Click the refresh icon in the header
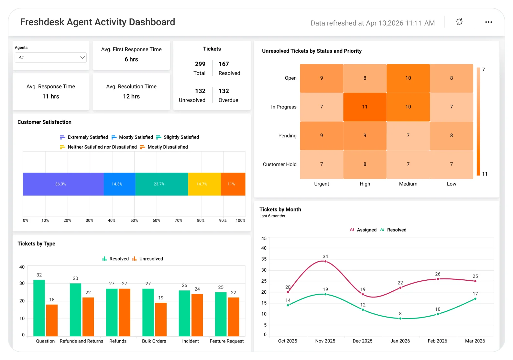point(459,22)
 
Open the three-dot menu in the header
point(488,22)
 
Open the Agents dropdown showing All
point(50,57)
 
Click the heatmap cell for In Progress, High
point(365,107)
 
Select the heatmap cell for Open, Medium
point(408,78)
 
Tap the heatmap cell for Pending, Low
point(451,136)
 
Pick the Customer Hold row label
point(279,164)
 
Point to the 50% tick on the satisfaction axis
point(134,220)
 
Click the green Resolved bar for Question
point(39,308)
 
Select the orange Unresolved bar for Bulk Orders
point(161,319)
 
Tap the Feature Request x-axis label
point(226,341)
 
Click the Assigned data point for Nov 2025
point(325,261)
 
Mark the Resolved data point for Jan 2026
point(400,319)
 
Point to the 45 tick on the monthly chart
point(264,238)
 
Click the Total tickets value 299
point(200,64)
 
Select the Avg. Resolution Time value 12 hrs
point(131,96)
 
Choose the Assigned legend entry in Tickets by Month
point(363,230)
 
